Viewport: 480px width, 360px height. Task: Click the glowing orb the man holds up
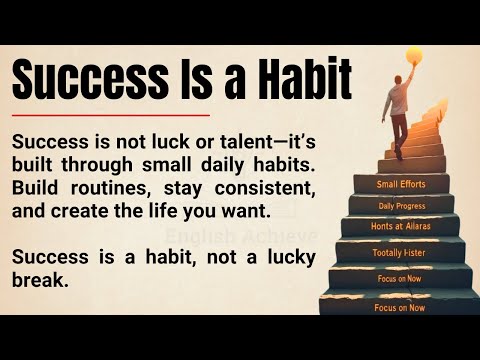(x=413, y=57)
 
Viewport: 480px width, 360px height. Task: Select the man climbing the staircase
(x=401, y=109)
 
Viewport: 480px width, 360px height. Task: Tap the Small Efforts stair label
(x=400, y=184)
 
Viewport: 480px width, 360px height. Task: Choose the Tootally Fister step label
(x=399, y=253)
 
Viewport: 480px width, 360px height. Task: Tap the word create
(x=85, y=209)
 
